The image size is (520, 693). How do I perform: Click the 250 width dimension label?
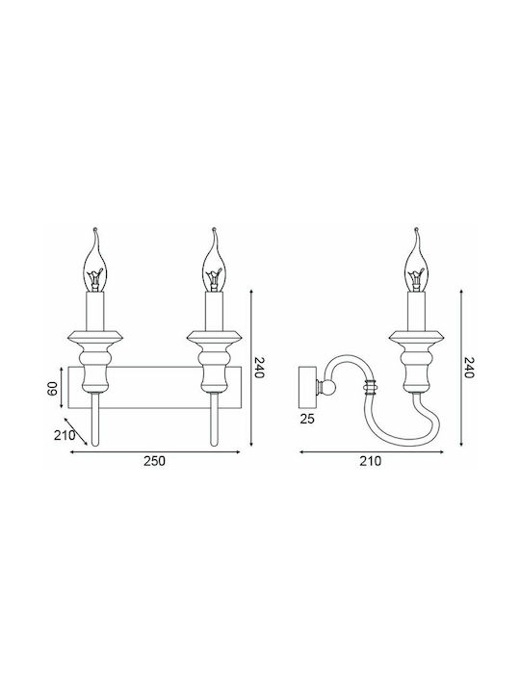pos(154,461)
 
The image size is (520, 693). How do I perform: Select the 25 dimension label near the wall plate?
pos(307,419)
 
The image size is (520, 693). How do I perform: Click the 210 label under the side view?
pos(370,461)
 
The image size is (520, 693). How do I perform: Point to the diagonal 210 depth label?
pos(65,435)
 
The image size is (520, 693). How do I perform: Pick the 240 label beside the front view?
pos(258,368)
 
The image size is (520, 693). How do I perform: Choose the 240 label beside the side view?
pos(468,368)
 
